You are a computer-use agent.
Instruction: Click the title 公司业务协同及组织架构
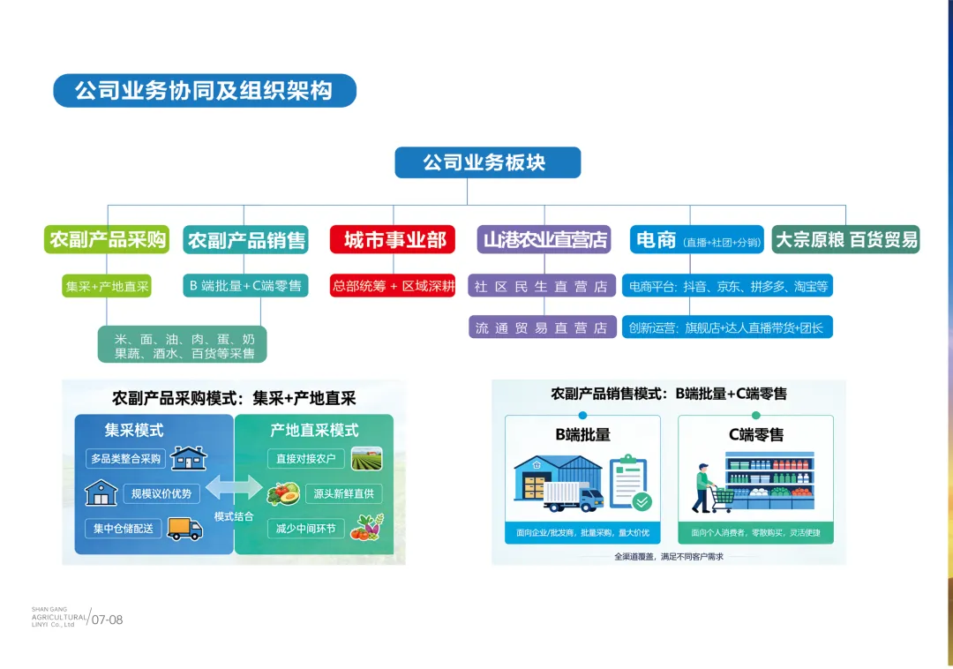(x=204, y=91)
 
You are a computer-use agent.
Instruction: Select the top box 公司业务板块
(x=487, y=162)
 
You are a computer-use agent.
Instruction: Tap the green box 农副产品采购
(x=108, y=239)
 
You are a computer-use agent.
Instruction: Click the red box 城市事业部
(x=393, y=239)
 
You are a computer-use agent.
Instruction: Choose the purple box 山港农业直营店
(x=544, y=239)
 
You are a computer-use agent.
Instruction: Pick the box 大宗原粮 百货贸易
(x=845, y=239)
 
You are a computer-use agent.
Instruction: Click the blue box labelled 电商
(x=696, y=239)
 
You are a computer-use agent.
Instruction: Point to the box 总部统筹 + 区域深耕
(x=393, y=286)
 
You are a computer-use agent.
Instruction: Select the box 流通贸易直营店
(x=541, y=327)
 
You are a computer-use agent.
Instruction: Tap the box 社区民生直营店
(x=541, y=286)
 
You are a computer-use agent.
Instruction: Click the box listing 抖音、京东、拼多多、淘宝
(x=727, y=286)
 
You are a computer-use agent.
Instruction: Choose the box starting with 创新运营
(x=727, y=327)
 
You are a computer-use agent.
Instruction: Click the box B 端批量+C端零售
(x=245, y=286)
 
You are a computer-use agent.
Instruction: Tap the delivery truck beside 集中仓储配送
(x=184, y=528)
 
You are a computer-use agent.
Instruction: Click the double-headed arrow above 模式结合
(x=233, y=488)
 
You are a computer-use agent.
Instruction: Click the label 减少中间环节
(x=305, y=529)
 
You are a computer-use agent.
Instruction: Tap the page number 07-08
(x=108, y=620)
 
